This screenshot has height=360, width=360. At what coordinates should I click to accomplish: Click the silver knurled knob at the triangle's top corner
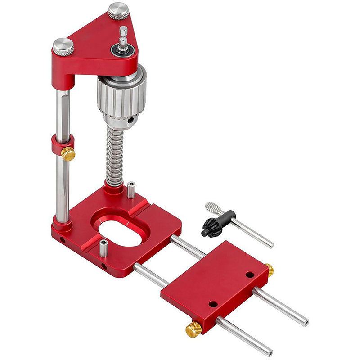pos(118,11)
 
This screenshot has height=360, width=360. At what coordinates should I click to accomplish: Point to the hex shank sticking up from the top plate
pos(122,36)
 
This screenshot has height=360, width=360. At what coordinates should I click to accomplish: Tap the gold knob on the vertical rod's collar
pos(68,154)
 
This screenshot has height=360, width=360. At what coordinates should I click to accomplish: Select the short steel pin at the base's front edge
pos(103,248)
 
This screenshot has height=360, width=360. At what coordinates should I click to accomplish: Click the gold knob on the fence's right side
pos(269,270)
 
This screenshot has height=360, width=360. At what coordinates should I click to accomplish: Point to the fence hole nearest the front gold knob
pos(212,304)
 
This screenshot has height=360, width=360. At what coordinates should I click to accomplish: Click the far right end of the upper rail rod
pos(306,322)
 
